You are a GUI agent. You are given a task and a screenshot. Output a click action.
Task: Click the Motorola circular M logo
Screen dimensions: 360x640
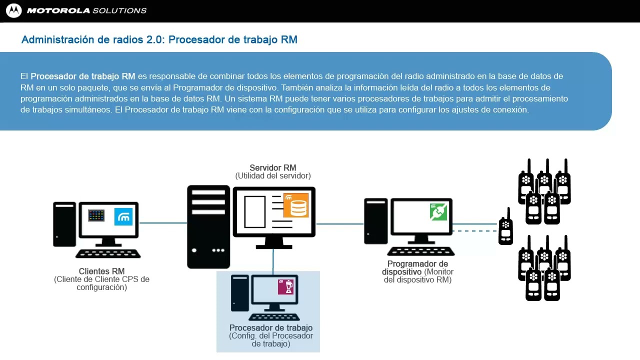point(13,10)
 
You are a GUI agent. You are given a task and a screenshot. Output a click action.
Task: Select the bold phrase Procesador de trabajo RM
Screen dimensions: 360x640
point(83,76)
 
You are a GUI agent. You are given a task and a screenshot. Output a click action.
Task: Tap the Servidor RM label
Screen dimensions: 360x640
point(272,168)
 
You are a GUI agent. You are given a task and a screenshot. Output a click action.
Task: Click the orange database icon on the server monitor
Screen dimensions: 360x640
point(296,205)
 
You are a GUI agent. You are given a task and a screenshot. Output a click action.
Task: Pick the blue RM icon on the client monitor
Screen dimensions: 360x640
point(123,216)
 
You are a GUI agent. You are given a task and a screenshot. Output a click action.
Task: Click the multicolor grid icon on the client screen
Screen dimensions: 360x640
point(96,215)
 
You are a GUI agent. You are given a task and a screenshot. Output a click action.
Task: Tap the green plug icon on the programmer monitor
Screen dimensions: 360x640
point(438,212)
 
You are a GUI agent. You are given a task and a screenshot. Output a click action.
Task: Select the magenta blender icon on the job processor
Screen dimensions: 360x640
point(286,287)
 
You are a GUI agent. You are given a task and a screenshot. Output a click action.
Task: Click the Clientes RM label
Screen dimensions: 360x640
point(101,271)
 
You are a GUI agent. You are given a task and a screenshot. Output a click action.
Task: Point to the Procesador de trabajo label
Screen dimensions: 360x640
point(271,328)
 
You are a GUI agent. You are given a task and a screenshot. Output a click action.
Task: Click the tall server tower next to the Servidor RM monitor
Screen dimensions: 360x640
point(208,226)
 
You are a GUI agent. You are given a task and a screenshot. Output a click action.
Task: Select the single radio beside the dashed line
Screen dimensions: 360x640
point(506,227)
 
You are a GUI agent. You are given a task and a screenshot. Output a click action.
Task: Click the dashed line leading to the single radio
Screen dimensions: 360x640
point(475,231)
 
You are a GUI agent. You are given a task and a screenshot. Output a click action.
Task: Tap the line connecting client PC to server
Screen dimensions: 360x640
point(162,223)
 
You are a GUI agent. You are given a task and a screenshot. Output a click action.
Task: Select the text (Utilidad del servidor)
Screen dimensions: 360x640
point(272,176)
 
